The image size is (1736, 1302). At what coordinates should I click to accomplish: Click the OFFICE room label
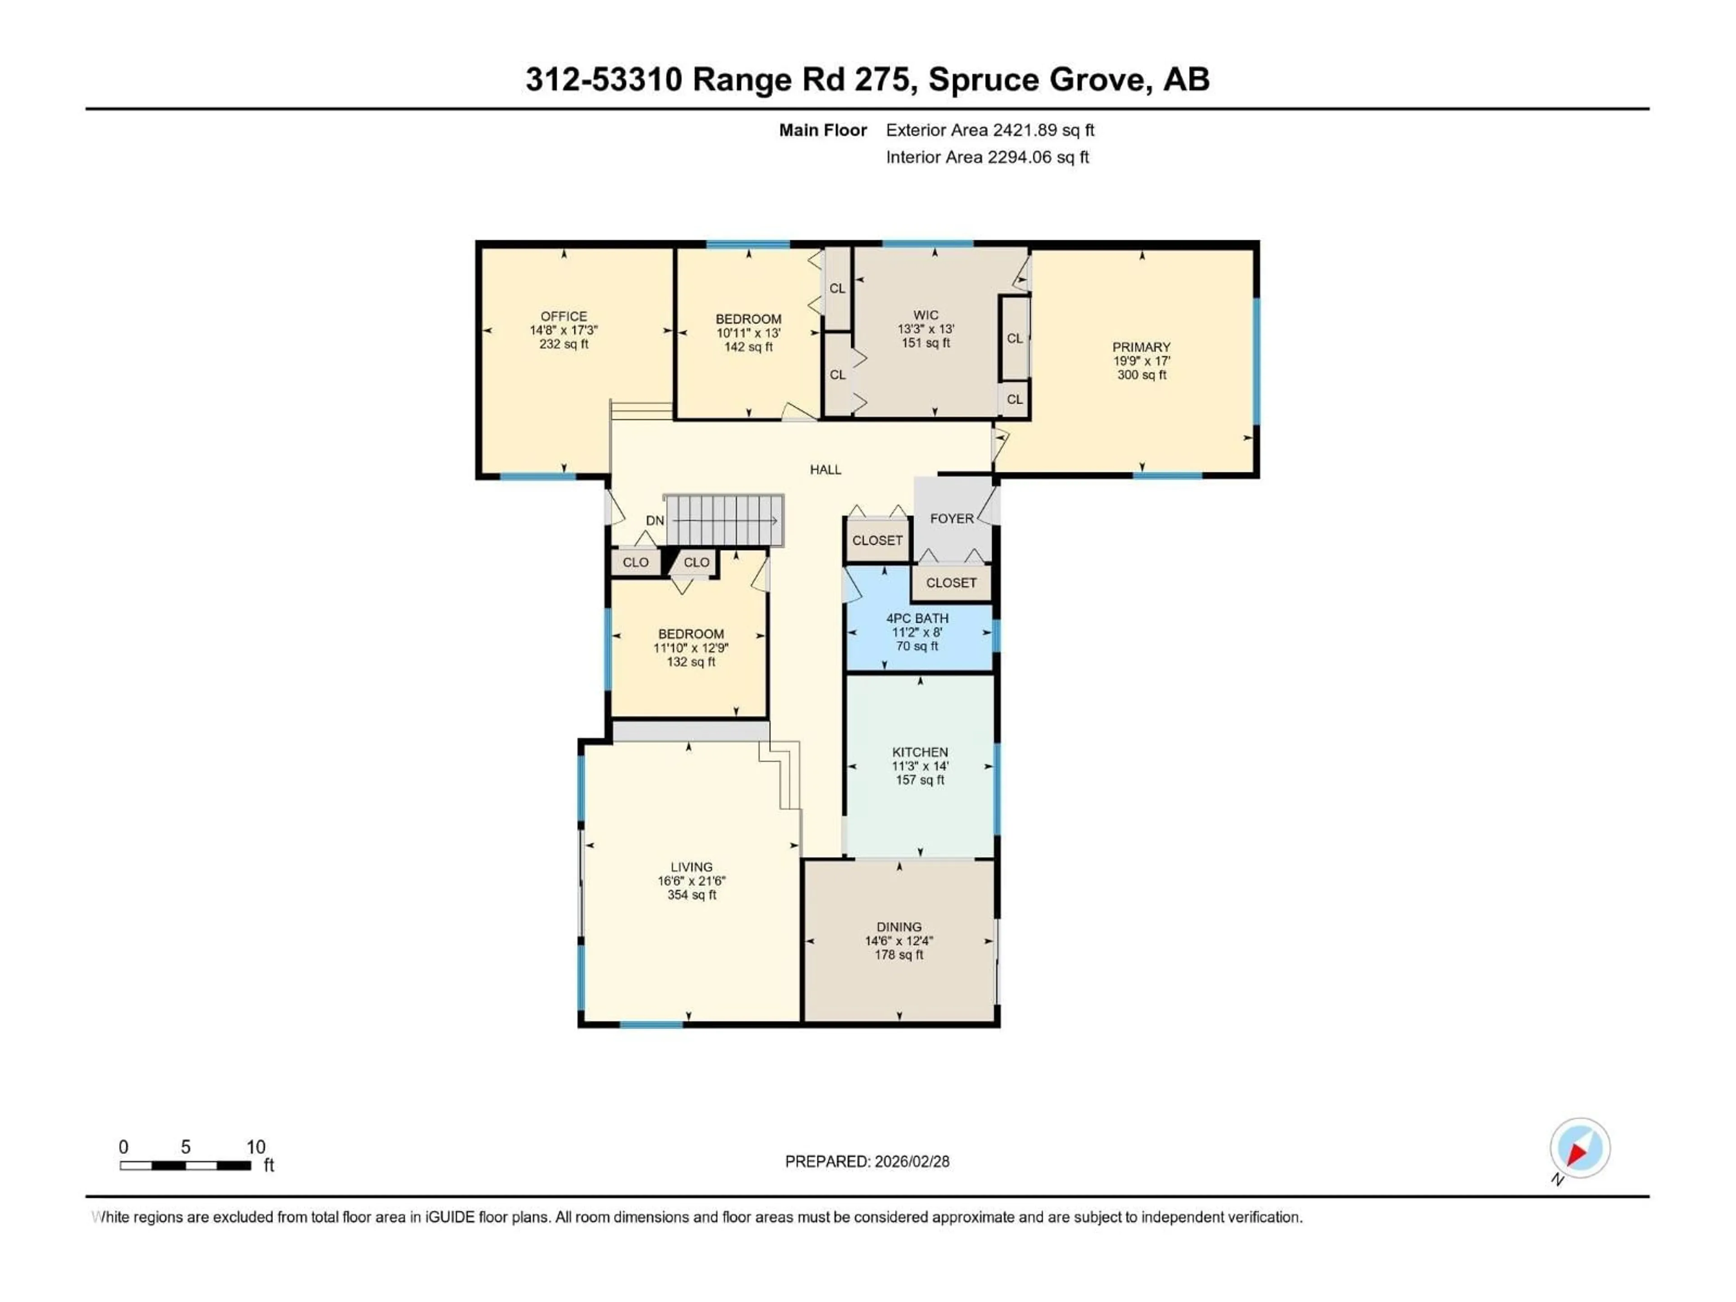pyautogui.click(x=563, y=316)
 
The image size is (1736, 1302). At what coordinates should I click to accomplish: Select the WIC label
pyautogui.click(x=925, y=315)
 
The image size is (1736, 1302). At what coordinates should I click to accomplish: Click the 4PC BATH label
pyautogui.click(x=917, y=618)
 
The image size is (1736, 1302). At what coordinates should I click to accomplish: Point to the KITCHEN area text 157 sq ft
pyautogui.click(x=920, y=780)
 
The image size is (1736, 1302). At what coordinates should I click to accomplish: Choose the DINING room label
pyautogui.click(x=899, y=927)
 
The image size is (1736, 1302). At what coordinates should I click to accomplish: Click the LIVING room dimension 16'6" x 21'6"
pyautogui.click(x=691, y=881)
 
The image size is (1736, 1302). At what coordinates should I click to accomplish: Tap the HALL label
pyautogui.click(x=825, y=469)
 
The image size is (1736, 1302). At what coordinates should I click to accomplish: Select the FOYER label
pyautogui.click(x=951, y=519)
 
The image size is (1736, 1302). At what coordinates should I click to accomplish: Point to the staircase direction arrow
pyautogui.click(x=726, y=520)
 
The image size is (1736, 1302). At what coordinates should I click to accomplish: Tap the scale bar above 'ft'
pyautogui.click(x=185, y=1165)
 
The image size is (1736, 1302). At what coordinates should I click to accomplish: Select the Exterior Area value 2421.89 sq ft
pyautogui.click(x=1043, y=130)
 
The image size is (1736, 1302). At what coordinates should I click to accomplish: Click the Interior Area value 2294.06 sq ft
pyautogui.click(x=1038, y=157)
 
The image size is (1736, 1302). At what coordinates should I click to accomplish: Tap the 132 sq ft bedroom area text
pyautogui.click(x=691, y=661)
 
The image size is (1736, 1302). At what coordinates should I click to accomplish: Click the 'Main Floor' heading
pyautogui.click(x=822, y=130)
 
